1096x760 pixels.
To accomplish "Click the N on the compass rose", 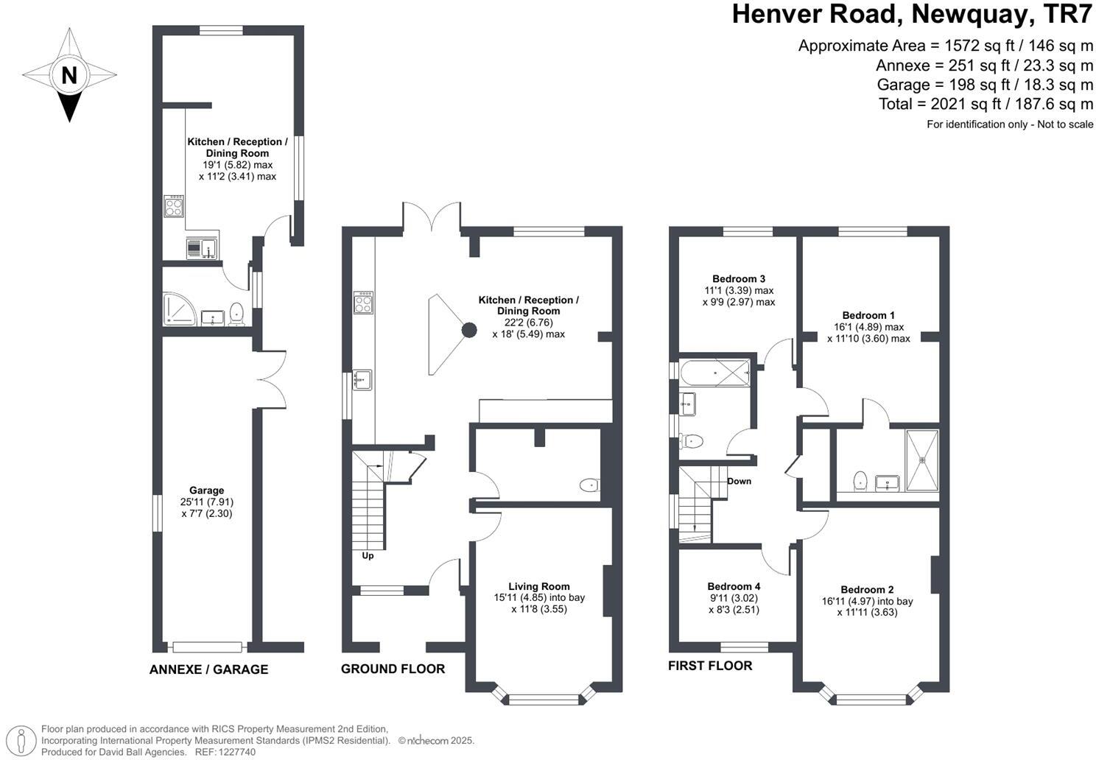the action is pos(69,75).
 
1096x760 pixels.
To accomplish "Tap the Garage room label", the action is pos(206,490).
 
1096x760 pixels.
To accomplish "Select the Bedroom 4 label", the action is pos(734,586).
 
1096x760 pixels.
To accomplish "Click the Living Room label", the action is pos(538,586).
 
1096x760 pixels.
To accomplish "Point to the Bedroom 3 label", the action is pos(739,279).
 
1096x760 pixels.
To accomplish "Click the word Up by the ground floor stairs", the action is pos(368,555).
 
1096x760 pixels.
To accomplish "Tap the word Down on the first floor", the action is pos(739,481).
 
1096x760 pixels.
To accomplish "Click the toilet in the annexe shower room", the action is pos(237,314).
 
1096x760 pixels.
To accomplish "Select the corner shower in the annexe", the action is pos(179,309).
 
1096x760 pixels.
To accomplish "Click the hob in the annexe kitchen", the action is pos(174,206).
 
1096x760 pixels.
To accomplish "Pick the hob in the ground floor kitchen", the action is pos(364,302).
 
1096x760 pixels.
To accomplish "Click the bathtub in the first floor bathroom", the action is pos(714,373).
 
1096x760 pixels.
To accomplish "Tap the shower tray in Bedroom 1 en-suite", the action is pos(922,460).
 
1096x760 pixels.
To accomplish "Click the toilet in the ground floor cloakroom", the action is pos(590,485).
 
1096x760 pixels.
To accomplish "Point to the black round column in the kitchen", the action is pos(469,330).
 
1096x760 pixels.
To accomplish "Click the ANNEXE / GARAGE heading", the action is pos(209,669).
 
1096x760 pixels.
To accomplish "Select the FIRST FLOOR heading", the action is pos(710,666).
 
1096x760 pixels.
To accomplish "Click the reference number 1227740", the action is pos(237,752).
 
